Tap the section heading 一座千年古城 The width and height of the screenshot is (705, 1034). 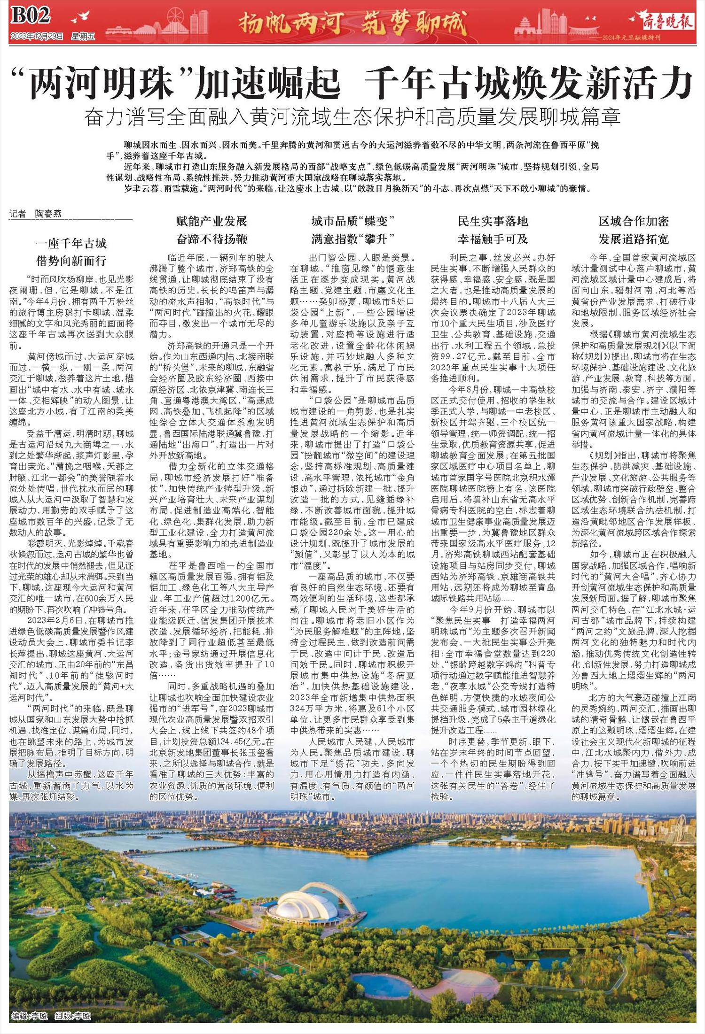(x=71, y=244)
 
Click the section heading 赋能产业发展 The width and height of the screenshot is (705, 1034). (x=211, y=221)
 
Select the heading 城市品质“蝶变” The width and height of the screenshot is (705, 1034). (x=352, y=221)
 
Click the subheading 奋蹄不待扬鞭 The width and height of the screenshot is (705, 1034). (x=211, y=239)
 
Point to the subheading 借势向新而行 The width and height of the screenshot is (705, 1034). (x=71, y=261)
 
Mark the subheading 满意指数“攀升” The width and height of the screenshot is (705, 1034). (x=352, y=239)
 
